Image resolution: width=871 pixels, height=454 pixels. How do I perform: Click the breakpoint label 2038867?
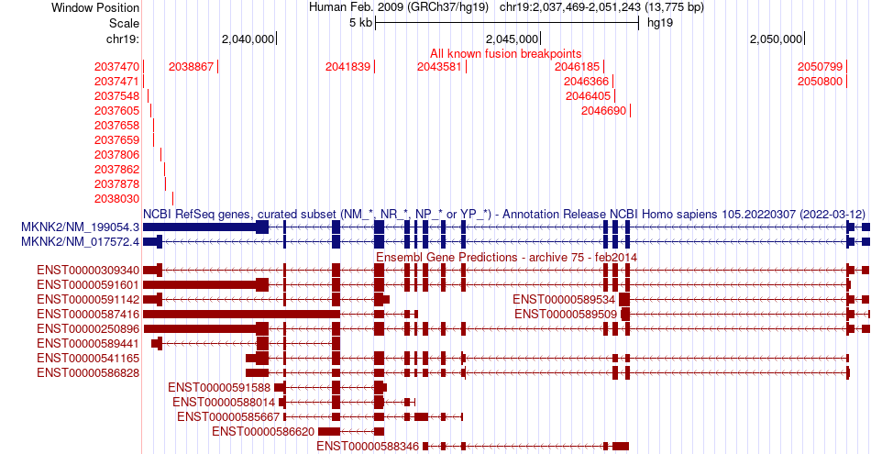191,67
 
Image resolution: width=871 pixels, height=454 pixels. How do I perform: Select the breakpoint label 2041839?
347,67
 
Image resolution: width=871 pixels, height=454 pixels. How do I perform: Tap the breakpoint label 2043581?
439,67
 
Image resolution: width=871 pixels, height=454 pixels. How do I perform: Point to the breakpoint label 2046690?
603,111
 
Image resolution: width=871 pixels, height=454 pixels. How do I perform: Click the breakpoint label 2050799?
820,67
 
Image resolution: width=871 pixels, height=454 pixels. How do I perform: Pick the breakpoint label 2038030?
116,199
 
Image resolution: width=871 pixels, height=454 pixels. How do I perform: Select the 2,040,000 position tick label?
248,39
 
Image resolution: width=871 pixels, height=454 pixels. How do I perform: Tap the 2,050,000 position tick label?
776,39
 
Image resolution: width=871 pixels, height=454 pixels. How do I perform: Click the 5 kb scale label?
360,23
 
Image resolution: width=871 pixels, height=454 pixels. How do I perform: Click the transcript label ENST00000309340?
88,271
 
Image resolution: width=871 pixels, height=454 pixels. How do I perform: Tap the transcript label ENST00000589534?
563,300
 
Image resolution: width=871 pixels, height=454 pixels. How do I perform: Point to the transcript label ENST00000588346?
367,447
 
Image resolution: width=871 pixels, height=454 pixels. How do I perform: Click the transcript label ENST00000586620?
262,431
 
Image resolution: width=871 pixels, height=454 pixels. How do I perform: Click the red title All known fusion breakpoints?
505,53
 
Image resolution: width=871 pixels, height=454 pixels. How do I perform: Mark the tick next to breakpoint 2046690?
630,111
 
